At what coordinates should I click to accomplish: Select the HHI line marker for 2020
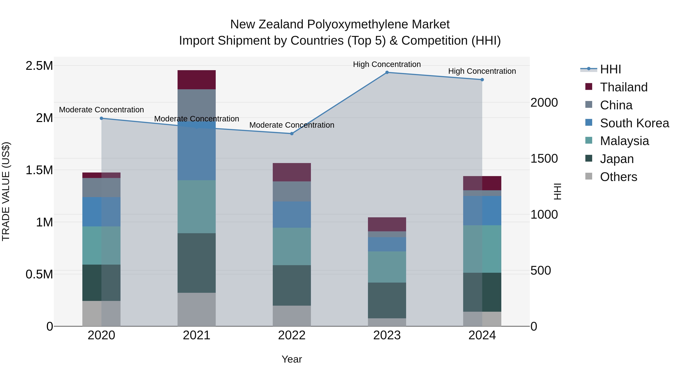[101, 118]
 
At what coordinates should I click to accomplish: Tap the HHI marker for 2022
[292, 134]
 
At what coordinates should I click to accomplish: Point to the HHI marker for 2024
[482, 80]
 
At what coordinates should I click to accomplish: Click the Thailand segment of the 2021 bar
[196, 80]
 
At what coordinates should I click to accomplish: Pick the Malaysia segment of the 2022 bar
[292, 246]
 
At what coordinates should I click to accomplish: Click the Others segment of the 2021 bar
[196, 309]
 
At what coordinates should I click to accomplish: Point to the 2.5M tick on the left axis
[39, 66]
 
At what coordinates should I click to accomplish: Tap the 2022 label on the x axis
[292, 335]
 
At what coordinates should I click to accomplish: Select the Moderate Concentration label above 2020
[101, 110]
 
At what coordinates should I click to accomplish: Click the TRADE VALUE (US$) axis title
[6, 191]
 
